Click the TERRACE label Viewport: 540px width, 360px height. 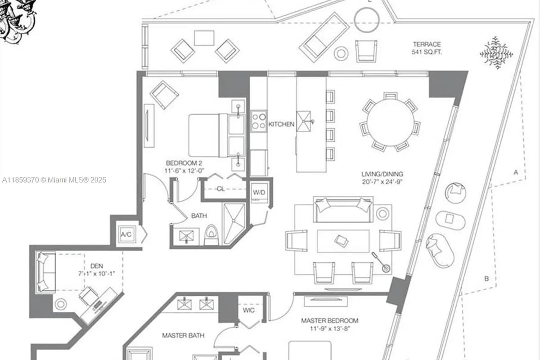427,44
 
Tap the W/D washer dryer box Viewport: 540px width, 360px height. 258,192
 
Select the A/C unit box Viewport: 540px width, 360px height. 126,234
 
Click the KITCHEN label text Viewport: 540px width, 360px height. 281,124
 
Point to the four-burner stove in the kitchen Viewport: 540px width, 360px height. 259,121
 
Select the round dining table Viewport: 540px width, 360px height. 390,122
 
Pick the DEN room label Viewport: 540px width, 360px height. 96,266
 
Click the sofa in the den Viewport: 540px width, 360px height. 45,272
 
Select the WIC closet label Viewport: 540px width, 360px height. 249,310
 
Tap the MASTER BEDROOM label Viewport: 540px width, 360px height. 329,320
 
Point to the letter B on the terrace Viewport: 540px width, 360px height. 486,279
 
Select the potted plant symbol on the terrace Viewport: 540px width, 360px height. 496,53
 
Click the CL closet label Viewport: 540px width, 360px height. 220,189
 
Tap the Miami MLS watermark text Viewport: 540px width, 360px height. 54,180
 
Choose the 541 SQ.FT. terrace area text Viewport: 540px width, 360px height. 427,52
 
